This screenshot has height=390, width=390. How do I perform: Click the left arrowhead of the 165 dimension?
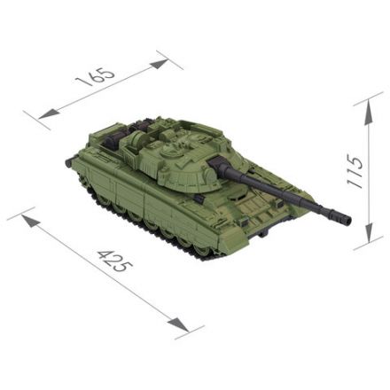pyautogui.click(x=44, y=114)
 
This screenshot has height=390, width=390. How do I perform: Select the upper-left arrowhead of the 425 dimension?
pyautogui.click(x=27, y=216)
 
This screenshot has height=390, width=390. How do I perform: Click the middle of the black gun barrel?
pyautogui.click(x=284, y=191)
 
